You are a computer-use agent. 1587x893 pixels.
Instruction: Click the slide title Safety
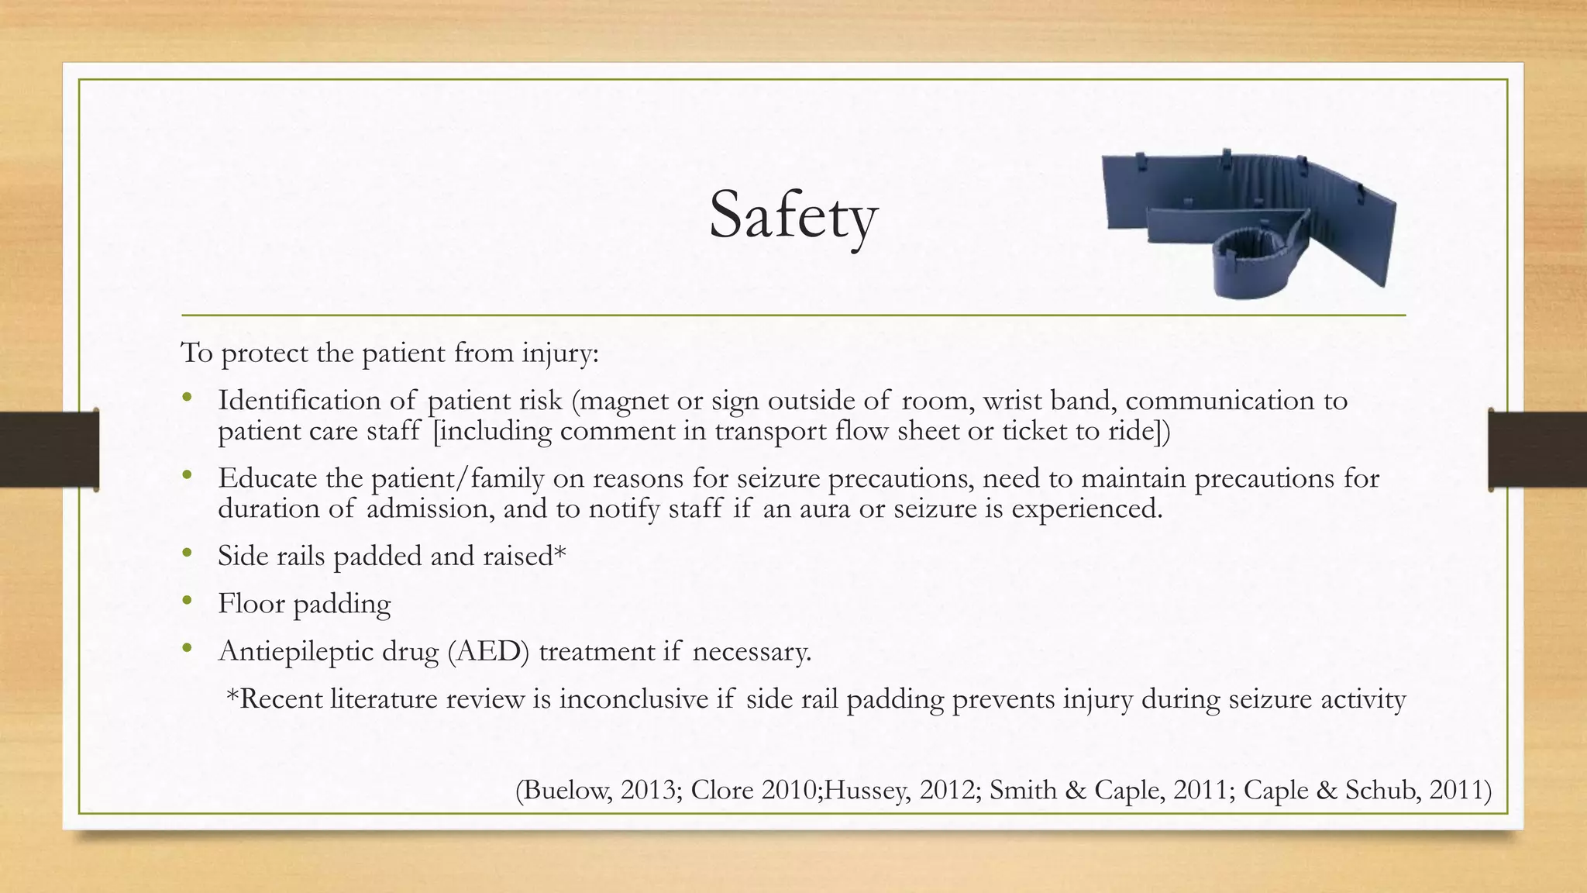tap(793, 215)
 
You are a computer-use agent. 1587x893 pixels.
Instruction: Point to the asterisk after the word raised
tap(560, 553)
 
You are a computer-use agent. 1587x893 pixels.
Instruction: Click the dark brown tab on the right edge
tap(1537, 450)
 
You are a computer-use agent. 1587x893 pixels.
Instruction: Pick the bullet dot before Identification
tap(186, 398)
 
